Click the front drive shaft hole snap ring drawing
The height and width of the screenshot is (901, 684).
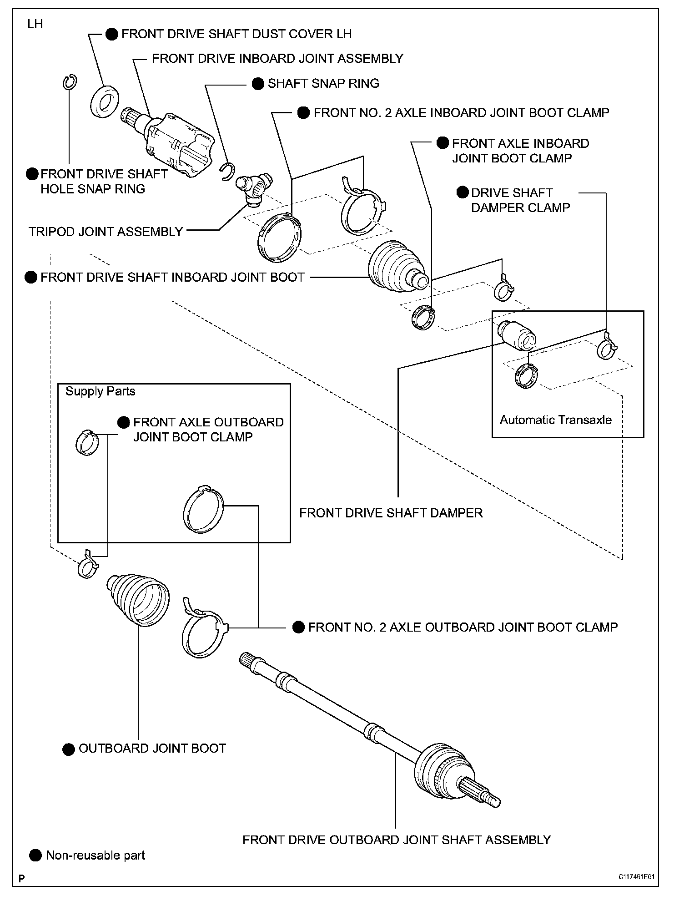pos(69,82)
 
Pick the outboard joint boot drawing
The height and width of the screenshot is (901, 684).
pos(138,600)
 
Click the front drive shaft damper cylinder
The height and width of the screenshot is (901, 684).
pos(517,336)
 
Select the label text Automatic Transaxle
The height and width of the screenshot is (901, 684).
pos(555,420)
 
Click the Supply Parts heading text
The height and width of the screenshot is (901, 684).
pos(101,391)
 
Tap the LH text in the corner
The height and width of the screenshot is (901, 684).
pos(35,24)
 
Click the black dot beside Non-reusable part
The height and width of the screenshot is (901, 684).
pos(35,855)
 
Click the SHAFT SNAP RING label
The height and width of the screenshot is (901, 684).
pos(323,84)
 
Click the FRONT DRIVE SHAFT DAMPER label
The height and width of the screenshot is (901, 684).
pos(391,513)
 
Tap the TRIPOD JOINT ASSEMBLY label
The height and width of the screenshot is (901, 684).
pos(106,232)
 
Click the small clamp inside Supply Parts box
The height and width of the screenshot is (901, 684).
pos(86,443)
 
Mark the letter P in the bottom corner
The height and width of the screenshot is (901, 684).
pos(21,878)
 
